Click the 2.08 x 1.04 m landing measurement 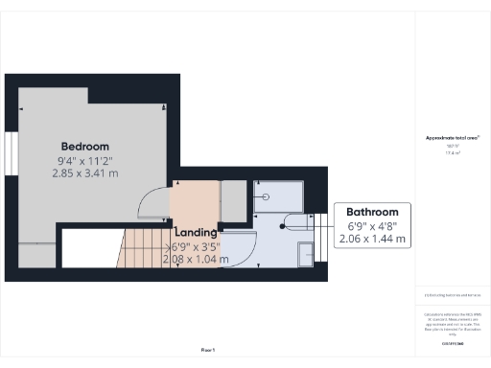[x=196, y=258]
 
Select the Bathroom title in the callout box [x=372, y=212]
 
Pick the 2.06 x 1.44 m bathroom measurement [x=372, y=238]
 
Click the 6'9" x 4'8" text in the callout [x=372, y=225]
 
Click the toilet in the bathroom [x=294, y=225]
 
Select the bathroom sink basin [x=305, y=254]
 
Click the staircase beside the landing [x=144, y=252]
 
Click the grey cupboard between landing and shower [x=233, y=198]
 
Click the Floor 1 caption [x=207, y=351]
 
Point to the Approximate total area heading [x=452, y=138]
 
